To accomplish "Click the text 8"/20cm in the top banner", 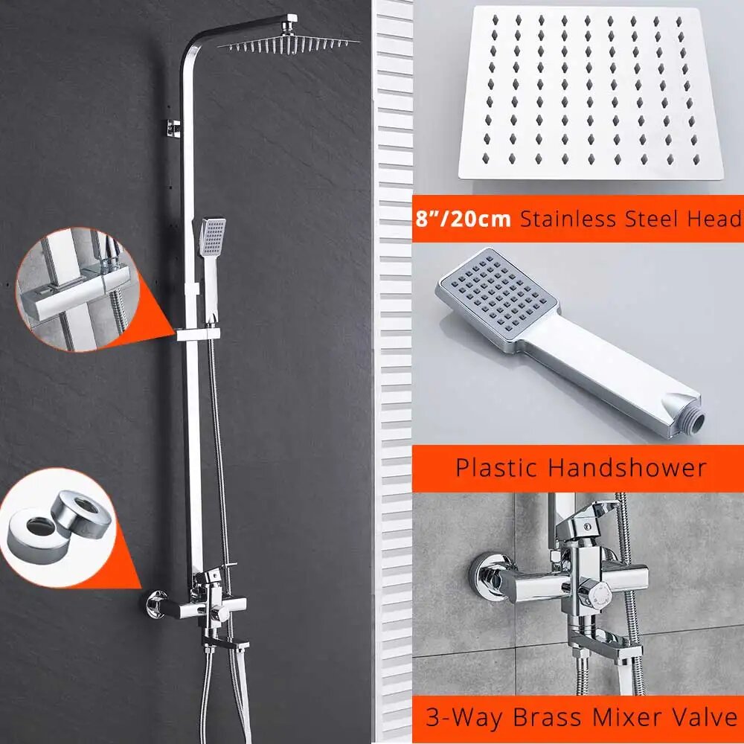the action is (x=463, y=219).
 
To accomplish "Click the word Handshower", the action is (x=628, y=467).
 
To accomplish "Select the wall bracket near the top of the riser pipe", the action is (x=173, y=128).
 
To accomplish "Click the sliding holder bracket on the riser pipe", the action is (x=199, y=334).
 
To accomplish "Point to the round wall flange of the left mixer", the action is (x=155, y=605).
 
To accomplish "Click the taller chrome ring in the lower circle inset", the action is (x=81, y=515).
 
